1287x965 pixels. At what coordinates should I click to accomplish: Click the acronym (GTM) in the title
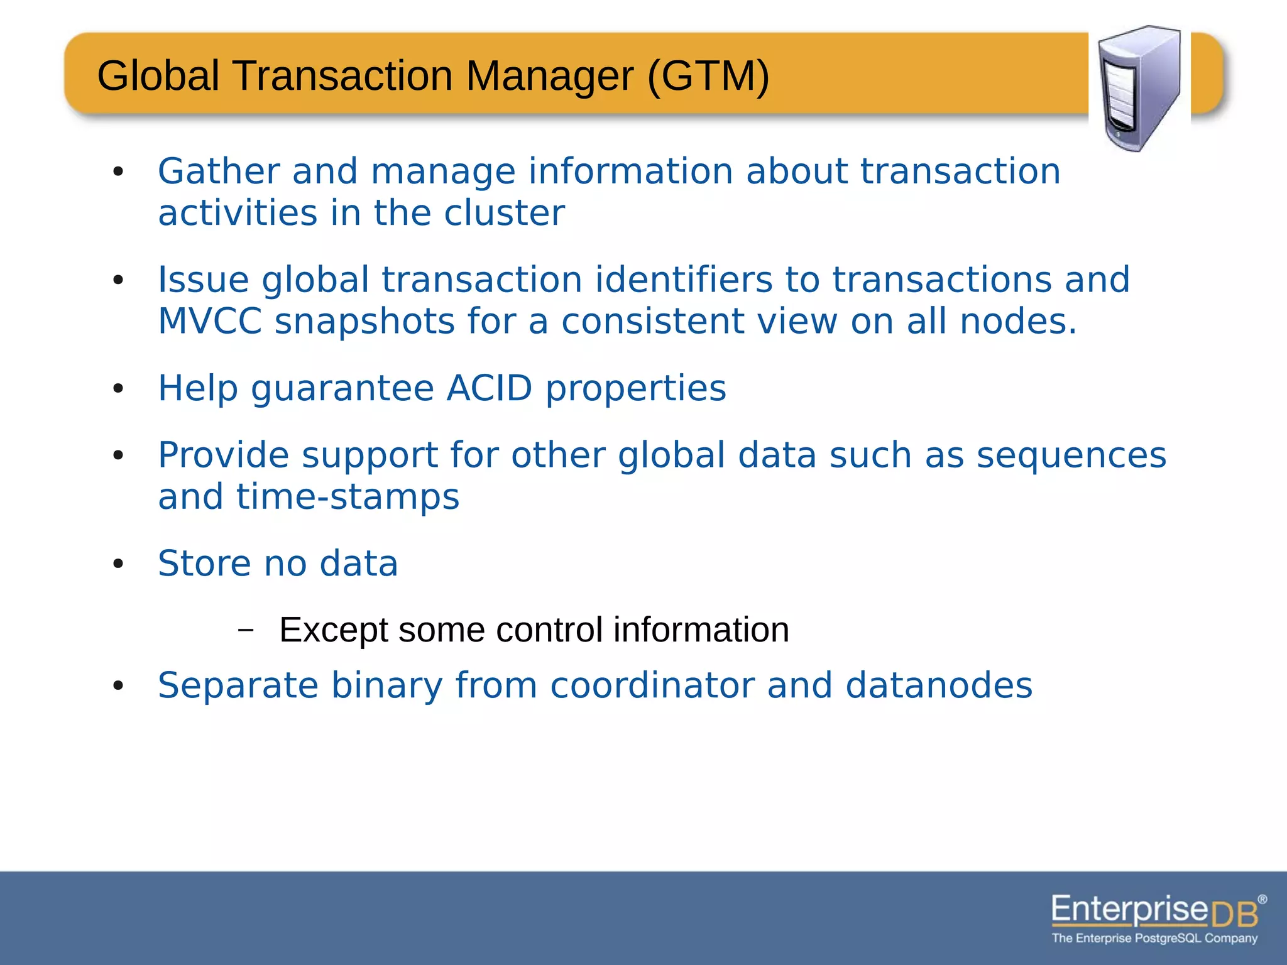tap(708, 76)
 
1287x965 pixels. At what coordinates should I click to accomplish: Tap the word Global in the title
tap(158, 76)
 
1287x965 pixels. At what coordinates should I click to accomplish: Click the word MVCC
tap(209, 322)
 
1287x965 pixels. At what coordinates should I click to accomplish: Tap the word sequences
tap(1071, 455)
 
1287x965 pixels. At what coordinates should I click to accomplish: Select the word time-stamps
tap(348, 497)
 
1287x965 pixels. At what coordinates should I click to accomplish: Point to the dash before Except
tap(246, 630)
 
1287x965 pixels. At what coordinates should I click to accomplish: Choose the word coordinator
tap(652, 685)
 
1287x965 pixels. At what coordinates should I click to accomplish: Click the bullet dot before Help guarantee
tap(118, 390)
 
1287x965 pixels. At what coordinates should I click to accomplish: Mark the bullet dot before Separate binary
tap(118, 686)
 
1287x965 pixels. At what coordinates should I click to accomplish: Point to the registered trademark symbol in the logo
tap(1262, 899)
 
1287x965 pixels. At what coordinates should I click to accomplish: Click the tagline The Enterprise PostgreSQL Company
tap(1154, 939)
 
